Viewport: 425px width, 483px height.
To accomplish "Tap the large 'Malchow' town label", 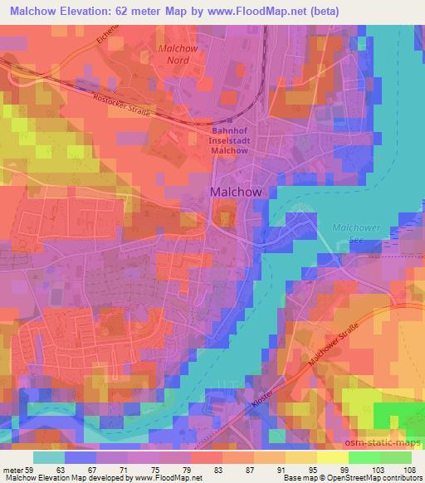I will tap(237, 192).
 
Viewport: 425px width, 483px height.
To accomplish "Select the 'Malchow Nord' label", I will tap(175, 55).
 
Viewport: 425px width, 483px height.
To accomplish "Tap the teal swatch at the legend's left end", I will tap(49, 456).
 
